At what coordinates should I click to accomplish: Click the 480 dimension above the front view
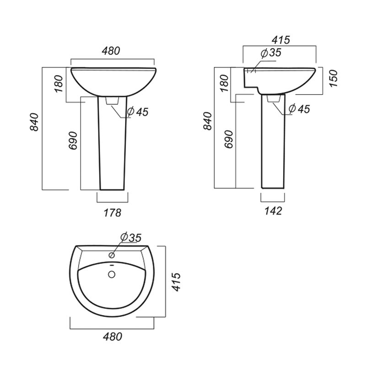[x=111, y=51]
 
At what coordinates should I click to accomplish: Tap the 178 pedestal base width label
[x=112, y=213]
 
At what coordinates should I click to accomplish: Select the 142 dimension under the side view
[x=273, y=211]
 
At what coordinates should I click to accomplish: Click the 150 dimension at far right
[x=334, y=78]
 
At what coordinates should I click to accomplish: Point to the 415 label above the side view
[x=281, y=40]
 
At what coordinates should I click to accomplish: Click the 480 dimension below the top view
[x=113, y=337]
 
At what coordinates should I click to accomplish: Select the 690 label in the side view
[x=228, y=140]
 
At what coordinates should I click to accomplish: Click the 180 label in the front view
[x=59, y=84]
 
